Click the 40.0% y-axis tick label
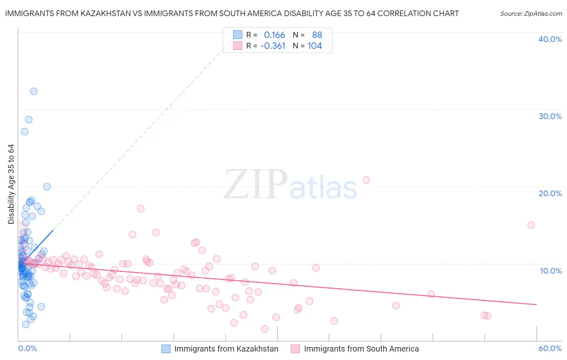550,39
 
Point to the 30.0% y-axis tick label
550,116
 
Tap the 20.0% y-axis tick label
550,193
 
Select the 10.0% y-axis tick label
551,271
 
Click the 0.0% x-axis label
27,348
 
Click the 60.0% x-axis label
550,348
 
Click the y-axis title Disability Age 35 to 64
11,184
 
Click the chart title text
232,14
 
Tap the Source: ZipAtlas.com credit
531,14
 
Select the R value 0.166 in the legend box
274,35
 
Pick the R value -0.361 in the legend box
273,46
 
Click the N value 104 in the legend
315,46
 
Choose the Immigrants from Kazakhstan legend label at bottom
226,349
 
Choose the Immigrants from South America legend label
361,349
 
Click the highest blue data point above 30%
34,91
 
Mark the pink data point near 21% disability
366,180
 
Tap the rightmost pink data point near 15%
531,225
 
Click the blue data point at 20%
47,186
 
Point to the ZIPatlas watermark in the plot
290,185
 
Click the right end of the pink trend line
536,304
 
